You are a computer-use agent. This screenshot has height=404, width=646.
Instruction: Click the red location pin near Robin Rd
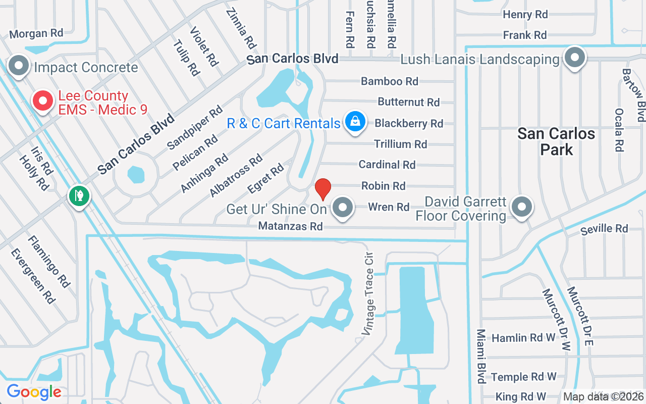point(322,189)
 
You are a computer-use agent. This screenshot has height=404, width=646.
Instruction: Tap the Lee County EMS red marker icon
point(43,101)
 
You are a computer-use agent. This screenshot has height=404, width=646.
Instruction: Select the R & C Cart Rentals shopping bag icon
point(355,122)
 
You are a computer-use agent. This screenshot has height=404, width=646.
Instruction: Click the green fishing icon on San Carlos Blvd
point(79,195)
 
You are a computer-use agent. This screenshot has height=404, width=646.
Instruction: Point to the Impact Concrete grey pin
point(19,66)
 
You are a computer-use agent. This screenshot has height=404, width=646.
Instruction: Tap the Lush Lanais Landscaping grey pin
point(574,57)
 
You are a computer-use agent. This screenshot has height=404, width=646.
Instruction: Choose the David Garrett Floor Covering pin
point(522,207)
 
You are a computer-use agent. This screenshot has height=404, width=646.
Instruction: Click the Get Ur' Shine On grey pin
point(343,207)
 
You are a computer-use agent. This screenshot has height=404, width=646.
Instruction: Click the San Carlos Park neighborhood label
point(557,141)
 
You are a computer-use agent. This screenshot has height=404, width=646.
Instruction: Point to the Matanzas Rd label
point(290,226)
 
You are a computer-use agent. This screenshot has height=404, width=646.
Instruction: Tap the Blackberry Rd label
point(409,123)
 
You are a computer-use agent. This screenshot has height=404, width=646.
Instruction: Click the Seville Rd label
point(604,229)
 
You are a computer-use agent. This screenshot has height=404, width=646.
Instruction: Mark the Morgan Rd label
point(36,34)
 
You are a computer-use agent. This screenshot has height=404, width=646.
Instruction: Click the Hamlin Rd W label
point(523,338)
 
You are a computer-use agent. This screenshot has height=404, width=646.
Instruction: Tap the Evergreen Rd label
point(32,276)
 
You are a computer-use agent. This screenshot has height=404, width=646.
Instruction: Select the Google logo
point(34,392)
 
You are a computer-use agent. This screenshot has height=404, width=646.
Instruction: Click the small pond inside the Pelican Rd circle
point(136,175)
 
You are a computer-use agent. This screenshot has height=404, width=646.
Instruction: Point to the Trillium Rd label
point(401,144)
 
